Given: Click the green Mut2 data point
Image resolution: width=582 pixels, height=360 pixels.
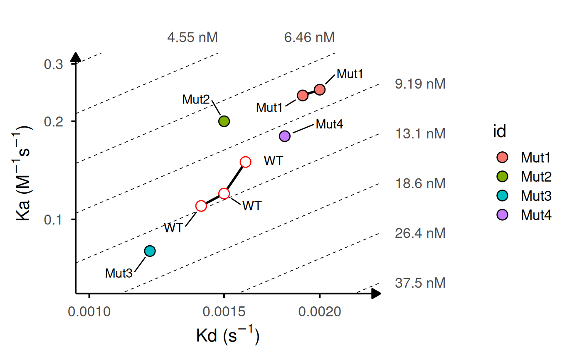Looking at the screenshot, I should pyautogui.click(x=224, y=121).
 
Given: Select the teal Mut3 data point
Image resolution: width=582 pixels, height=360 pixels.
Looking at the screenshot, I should pyautogui.click(x=150, y=251).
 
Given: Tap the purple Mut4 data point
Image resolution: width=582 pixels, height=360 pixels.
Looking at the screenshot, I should pyautogui.click(x=285, y=136).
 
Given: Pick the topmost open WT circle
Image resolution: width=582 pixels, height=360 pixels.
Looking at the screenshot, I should pyautogui.click(x=246, y=162).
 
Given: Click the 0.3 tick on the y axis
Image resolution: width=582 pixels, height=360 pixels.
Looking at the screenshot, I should pyautogui.click(x=54, y=64).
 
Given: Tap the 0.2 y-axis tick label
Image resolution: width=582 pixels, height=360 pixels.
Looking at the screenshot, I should pyautogui.click(x=54, y=121).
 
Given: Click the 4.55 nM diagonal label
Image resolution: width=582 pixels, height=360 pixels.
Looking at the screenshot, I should pyautogui.click(x=192, y=38).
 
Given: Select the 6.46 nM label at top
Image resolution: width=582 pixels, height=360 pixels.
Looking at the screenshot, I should pyautogui.click(x=309, y=38).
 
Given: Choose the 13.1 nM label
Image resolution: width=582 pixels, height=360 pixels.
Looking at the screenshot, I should pyautogui.click(x=420, y=134).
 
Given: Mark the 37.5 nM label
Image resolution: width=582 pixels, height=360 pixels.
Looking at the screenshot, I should pyautogui.click(x=420, y=283).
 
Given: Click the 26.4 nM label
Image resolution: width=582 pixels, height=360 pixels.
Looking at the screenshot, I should pyautogui.click(x=420, y=233).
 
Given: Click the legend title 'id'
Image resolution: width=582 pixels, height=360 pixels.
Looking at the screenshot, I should pyautogui.click(x=499, y=132).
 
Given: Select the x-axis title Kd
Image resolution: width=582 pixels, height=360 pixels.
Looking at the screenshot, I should pyautogui.click(x=227, y=336).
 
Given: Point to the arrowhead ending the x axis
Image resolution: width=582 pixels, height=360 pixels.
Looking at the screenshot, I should pyautogui.click(x=376, y=293).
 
